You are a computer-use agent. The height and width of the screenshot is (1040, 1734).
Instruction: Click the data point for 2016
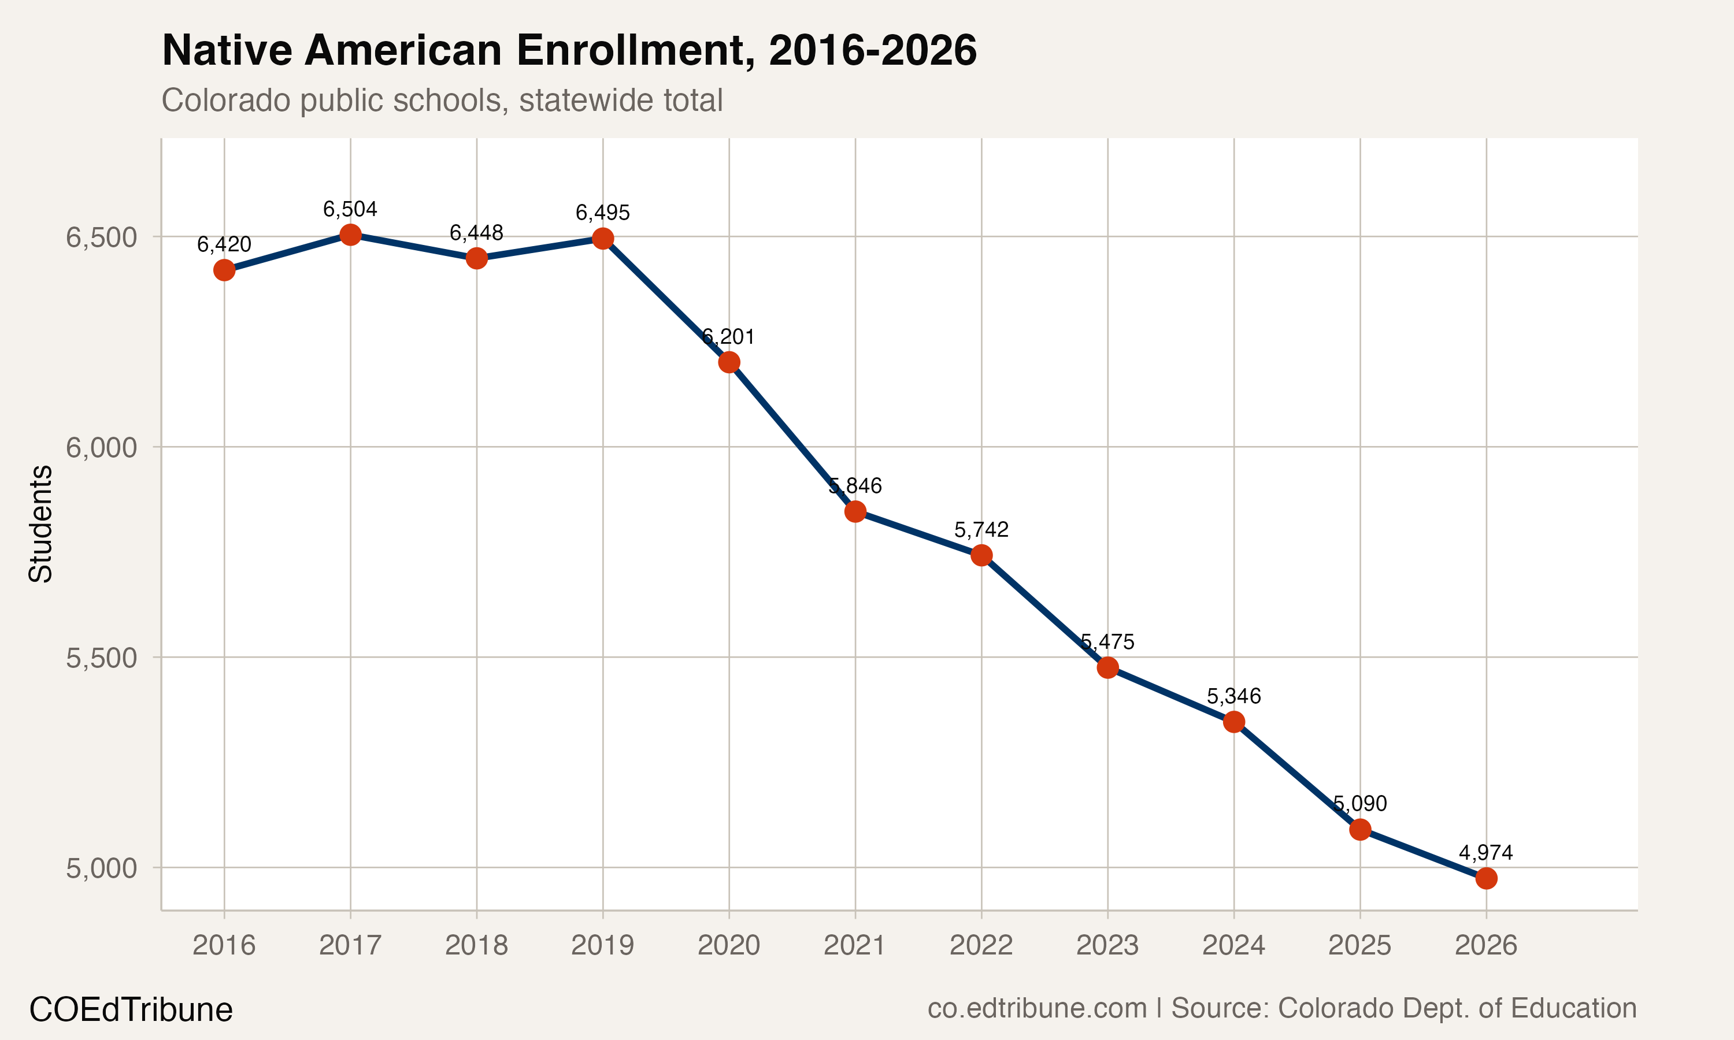224,270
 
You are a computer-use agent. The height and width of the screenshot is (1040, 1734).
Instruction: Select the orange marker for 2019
603,239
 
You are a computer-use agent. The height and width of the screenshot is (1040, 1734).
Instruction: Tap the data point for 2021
855,511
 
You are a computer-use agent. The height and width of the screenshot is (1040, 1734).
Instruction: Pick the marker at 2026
1486,878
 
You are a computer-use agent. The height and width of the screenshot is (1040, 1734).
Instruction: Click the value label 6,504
350,209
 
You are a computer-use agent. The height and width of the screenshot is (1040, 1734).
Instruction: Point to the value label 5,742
981,530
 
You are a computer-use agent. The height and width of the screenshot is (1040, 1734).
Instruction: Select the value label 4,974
1486,853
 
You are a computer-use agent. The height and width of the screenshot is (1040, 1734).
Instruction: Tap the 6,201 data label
729,337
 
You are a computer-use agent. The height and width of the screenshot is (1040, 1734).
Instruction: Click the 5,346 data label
1233,697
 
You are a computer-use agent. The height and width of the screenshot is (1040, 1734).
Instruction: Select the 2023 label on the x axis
1107,945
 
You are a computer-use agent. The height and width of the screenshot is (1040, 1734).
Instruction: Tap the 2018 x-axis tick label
477,945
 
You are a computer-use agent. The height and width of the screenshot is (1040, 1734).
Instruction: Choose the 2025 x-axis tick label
1359,945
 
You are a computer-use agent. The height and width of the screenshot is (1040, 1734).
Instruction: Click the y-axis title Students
40,523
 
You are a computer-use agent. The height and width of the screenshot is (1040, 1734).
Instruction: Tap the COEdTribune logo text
131,1010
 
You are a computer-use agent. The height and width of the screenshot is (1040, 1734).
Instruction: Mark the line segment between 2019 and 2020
666,300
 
